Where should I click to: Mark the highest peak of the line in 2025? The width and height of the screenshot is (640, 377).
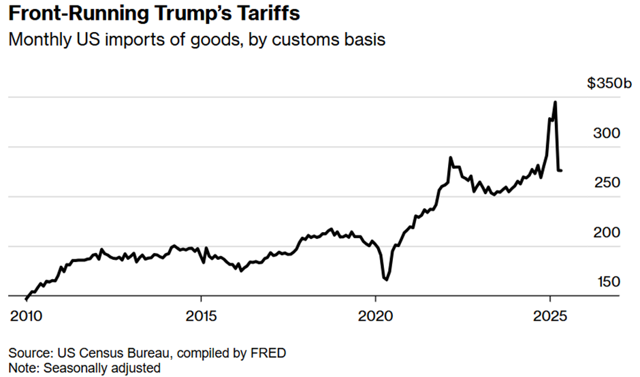[556, 102]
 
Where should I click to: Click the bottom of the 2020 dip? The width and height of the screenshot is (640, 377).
[386, 279]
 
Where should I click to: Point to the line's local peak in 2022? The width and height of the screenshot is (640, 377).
[450, 158]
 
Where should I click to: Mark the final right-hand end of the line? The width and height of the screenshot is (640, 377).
[561, 170]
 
